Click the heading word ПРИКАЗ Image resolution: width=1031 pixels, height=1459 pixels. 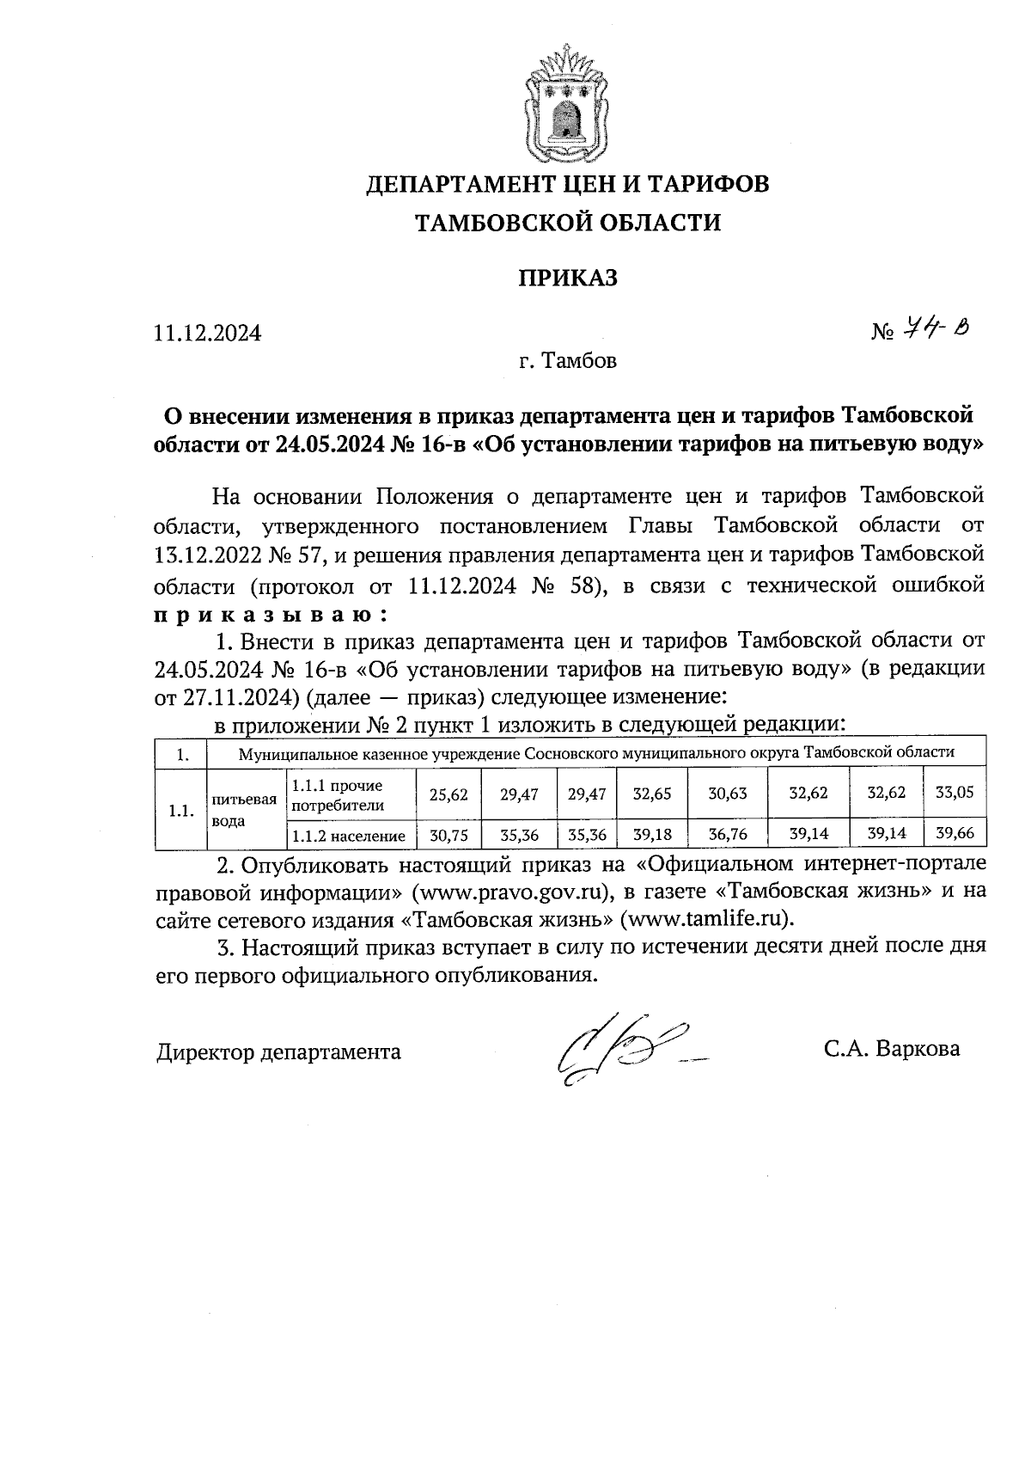pyautogui.click(x=567, y=279)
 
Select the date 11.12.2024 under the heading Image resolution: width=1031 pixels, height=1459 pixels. pyautogui.click(x=207, y=334)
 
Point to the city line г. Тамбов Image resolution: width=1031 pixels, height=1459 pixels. pyautogui.click(x=567, y=361)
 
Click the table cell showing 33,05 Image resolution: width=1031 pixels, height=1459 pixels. pyautogui.click(x=954, y=794)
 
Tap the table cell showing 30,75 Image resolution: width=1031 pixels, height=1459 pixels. pyautogui.click(x=448, y=835)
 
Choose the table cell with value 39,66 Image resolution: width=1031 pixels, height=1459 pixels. pyautogui.click(x=954, y=834)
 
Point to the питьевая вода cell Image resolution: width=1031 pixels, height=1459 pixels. pyautogui.click(x=244, y=810)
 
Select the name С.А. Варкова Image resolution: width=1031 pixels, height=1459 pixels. pyautogui.click(x=891, y=1050)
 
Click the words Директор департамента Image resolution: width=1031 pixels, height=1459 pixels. pyautogui.click(x=278, y=1052)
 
